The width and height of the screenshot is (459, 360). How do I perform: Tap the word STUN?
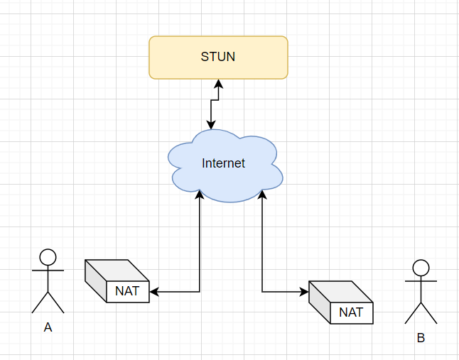(x=218, y=57)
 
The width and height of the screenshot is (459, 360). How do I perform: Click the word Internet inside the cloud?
(x=223, y=163)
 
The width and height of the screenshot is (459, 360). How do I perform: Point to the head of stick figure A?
(x=48, y=256)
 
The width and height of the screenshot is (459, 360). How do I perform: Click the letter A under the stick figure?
(x=48, y=327)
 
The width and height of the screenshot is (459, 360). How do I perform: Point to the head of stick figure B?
(x=421, y=268)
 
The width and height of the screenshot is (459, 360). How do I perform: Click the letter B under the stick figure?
(x=421, y=338)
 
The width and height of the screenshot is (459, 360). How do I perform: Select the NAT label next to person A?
(x=127, y=291)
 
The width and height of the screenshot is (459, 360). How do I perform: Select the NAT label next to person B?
(x=351, y=312)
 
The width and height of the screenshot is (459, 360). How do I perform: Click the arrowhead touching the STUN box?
(x=219, y=84)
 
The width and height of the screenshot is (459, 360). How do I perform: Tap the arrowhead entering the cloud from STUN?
(x=210, y=124)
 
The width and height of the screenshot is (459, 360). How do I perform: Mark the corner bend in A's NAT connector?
(x=200, y=291)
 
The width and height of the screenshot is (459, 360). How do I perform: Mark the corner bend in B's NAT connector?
(x=263, y=291)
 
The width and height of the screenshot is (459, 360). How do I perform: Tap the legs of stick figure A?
(x=48, y=302)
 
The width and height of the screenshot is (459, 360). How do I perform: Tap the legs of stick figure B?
(x=421, y=313)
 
